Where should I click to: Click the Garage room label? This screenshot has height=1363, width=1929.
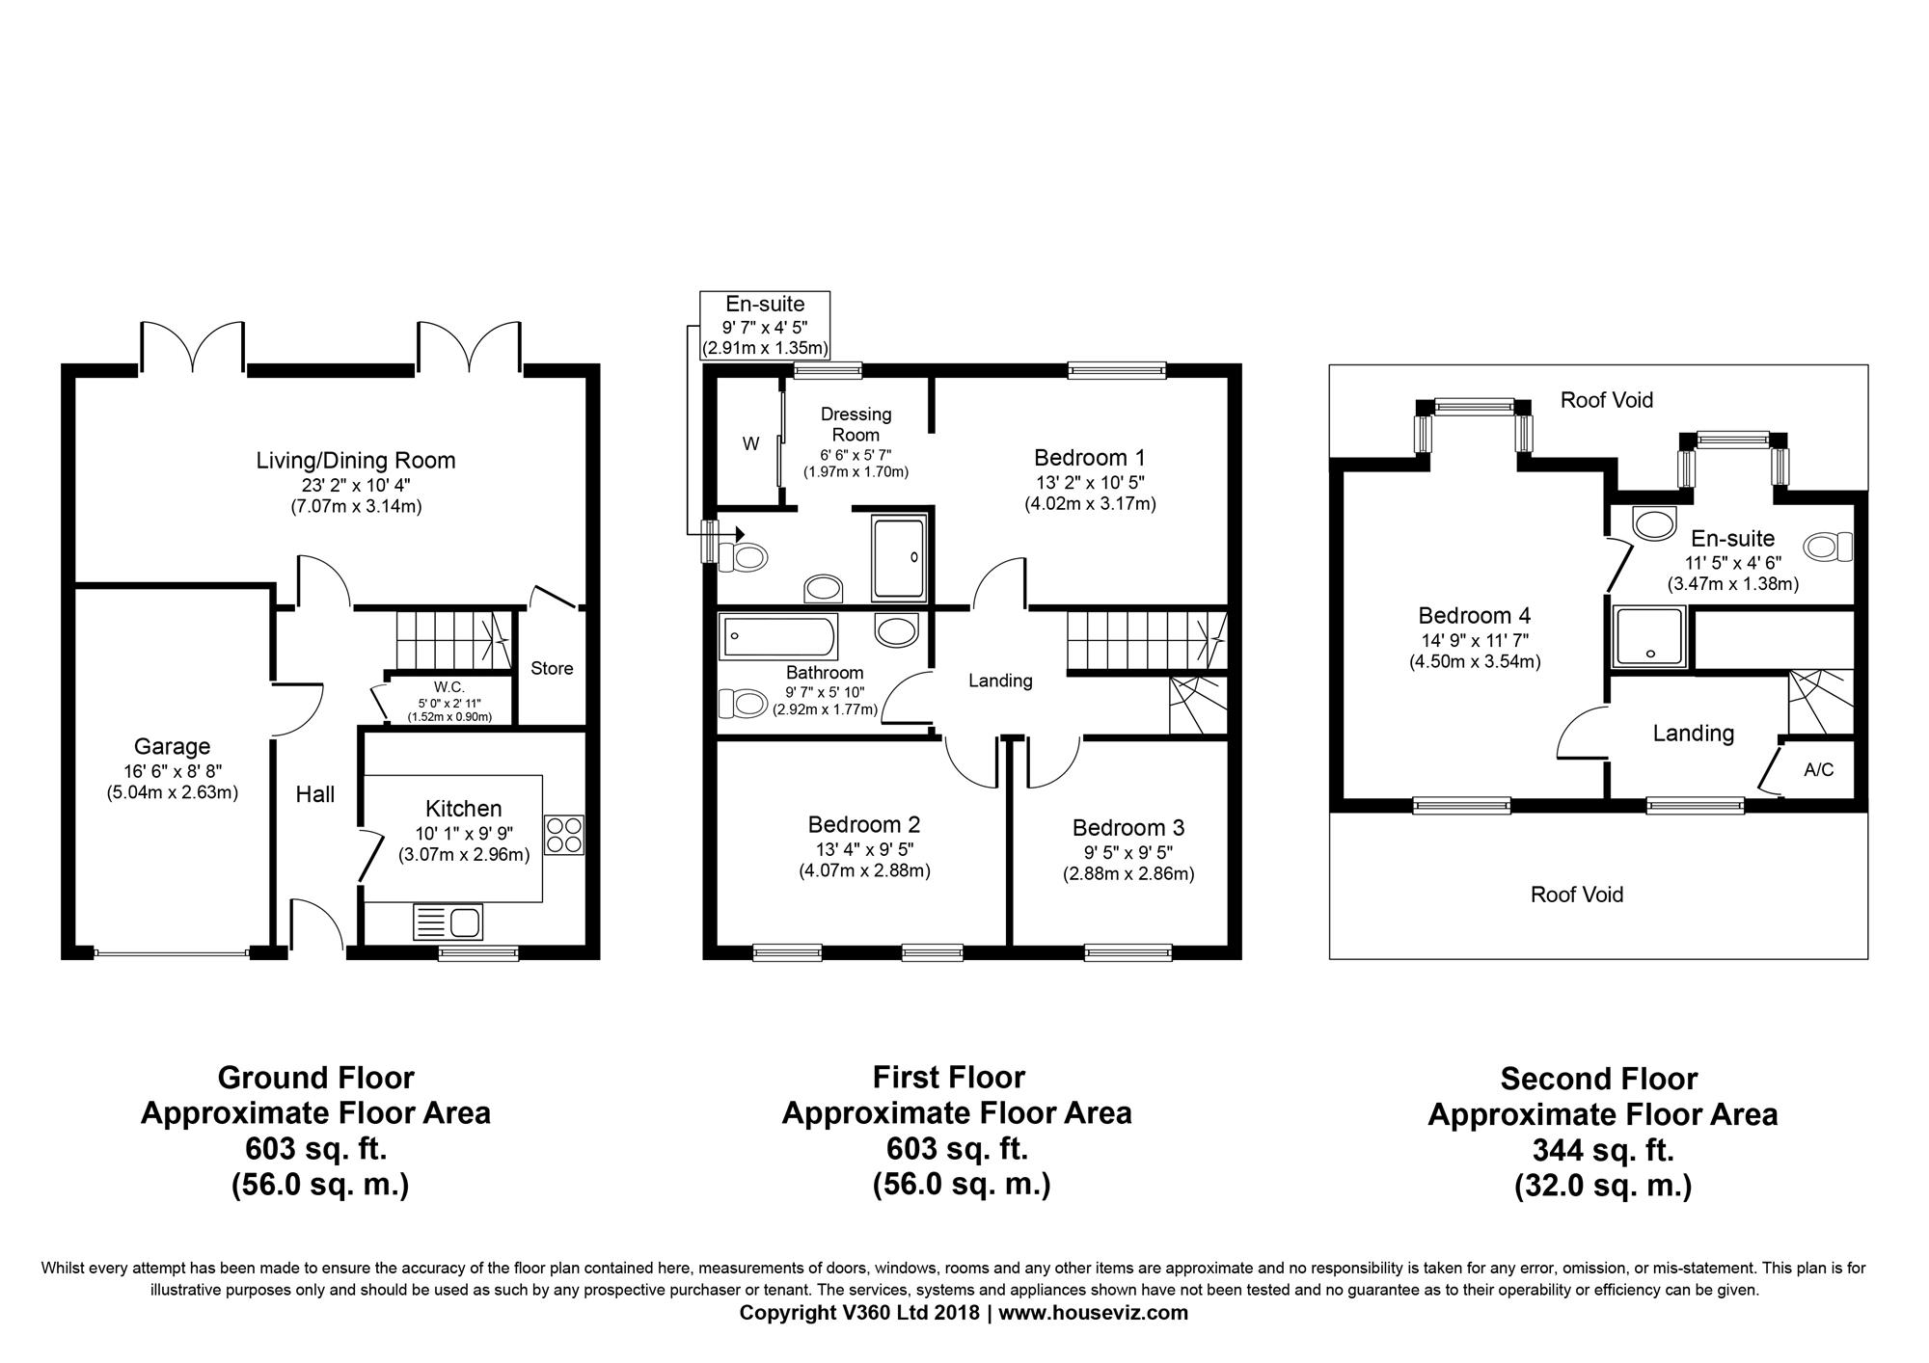pos(172,747)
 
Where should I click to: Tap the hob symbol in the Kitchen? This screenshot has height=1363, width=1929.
pos(564,835)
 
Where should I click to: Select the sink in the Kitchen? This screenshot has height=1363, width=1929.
pos(448,922)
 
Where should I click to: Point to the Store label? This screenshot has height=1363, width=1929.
pos(552,668)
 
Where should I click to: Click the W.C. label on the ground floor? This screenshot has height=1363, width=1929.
pos(448,686)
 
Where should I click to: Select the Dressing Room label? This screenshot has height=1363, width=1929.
pos(856,424)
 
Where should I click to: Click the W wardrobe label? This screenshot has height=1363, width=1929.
pos(750,444)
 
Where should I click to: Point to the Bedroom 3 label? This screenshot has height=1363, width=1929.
pos(1128,828)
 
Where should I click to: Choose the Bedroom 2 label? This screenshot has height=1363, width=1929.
pos(864,825)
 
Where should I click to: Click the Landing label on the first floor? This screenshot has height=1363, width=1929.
pos(1000,681)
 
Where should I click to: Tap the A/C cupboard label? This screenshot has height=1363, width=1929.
pos(1818,770)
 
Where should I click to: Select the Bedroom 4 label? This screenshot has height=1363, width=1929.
pos(1475,615)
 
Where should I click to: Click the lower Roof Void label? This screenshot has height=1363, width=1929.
pos(1577,895)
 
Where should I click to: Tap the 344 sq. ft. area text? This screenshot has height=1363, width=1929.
pos(1603,1151)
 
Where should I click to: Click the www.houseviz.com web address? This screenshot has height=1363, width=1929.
pos(1094,1313)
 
